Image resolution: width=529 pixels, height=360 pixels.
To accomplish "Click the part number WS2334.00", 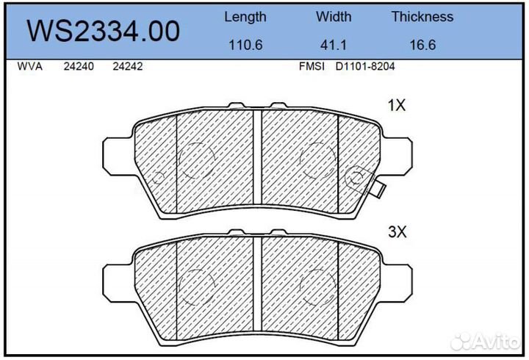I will coord(104,31).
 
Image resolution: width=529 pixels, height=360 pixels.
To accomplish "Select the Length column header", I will coord(245,16).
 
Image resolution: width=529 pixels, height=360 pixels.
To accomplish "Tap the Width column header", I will coord(334,16).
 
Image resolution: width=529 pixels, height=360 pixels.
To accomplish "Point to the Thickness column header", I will coord(422,16).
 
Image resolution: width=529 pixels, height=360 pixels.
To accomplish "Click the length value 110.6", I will coord(245,44).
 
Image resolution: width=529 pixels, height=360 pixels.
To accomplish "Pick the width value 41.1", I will coord(334,44).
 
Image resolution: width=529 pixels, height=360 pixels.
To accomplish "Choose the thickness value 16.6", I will coord(422,44).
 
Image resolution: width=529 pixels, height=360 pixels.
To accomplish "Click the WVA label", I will coord(29,66).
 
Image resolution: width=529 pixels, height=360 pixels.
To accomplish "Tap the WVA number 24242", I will coord(127,66).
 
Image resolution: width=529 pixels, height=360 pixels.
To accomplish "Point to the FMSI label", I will coord(312,66).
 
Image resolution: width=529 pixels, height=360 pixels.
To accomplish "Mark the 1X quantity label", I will coord(397,105).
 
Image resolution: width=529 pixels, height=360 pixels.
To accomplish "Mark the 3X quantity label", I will coord(397,232).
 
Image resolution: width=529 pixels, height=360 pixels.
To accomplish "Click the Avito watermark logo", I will coord(486,340).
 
